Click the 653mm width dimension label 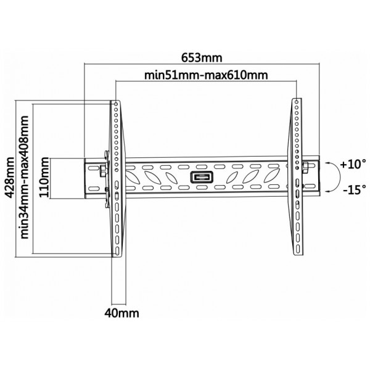tap(202, 57)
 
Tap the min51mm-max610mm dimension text tap(206, 75)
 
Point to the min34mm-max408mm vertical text tap(25, 177)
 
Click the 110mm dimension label tap(44, 178)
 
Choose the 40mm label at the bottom tap(121, 313)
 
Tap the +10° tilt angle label tap(353, 164)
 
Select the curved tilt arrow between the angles tap(339, 176)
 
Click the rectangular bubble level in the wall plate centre tap(202, 177)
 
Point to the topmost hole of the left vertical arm tap(116, 104)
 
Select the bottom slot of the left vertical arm tap(117, 251)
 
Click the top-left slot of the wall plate tap(94, 168)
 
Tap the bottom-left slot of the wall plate tap(94, 189)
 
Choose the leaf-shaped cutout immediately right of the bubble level tap(231, 178)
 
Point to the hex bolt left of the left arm tap(103, 170)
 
